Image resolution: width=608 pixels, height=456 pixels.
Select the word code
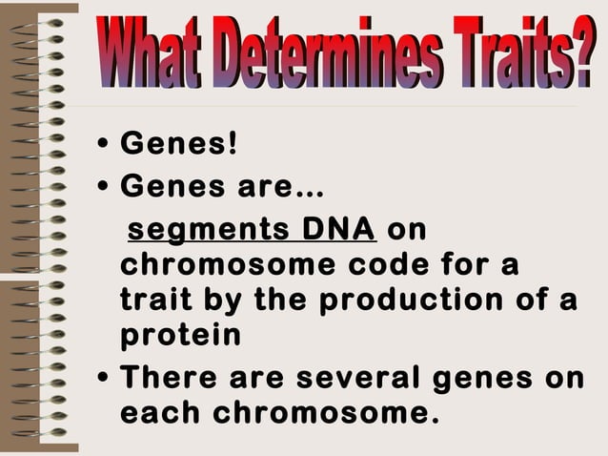pyautogui.click(x=395, y=266)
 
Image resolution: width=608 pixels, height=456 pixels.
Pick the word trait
pyautogui.click(x=153, y=301)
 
